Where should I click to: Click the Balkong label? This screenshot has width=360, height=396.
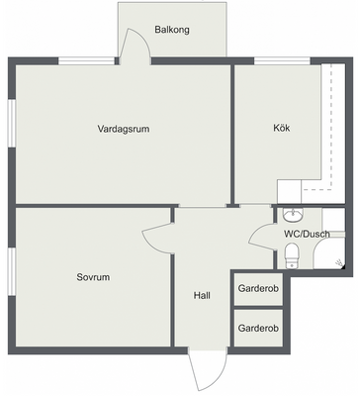coord(172,30)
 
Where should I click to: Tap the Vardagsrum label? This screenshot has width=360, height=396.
coord(124,129)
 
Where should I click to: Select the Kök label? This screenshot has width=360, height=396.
coord(282,128)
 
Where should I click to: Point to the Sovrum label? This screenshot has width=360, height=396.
coord(93,277)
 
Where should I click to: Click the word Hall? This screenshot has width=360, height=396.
coord(202,295)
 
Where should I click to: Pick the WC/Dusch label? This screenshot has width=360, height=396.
coord(307,234)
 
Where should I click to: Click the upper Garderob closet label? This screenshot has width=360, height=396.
coord(258,288)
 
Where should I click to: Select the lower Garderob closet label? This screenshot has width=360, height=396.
coord(258,329)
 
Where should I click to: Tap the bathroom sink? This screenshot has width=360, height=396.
coord(293,215)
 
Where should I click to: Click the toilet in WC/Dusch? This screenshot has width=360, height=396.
coord(292,255)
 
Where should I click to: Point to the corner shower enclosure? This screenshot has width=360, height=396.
coord(329,253)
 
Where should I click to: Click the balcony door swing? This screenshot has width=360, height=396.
coord(135,45)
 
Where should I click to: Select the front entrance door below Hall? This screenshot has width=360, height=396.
coord(208,369)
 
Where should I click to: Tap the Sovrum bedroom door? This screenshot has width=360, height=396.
coord(157,237)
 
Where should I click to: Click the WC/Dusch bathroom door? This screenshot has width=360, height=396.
coord(261,237)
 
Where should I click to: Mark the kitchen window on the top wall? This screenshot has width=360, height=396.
coord(282,61)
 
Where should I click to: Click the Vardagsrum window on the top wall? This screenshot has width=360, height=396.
coord(87,61)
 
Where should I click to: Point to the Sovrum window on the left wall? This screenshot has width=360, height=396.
coord(12,271)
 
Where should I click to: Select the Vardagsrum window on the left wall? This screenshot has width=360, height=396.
coord(12,123)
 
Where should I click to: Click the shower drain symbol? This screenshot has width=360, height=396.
coord(338,263)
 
